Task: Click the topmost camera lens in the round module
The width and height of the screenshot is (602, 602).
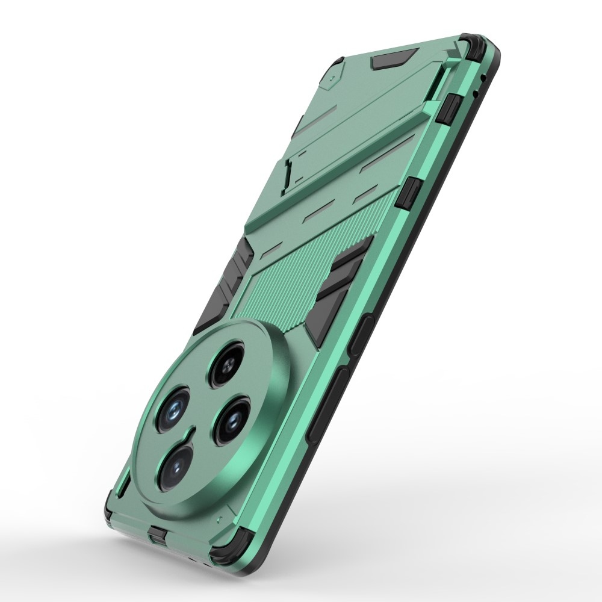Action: click(228, 363)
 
